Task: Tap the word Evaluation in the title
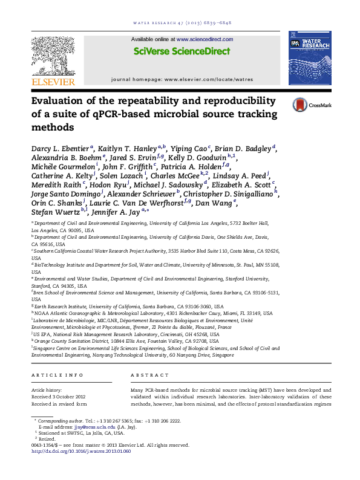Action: [x=61, y=101]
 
